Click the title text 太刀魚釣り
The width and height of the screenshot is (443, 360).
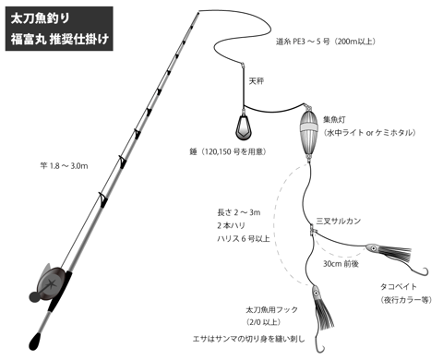click(x=40, y=18)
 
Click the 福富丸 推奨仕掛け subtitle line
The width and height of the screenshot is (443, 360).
click(x=60, y=40)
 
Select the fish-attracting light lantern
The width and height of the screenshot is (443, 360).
click(x=308, y=132)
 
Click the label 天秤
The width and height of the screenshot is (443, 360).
click(x=257, y=81)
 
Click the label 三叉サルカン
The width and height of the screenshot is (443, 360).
click(x=338, y=221)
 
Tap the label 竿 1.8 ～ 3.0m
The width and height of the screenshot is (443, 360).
click(x=64, y=166)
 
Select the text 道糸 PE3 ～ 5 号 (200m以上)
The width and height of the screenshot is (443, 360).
click(x=326, y=42)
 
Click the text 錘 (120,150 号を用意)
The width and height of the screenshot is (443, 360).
click(x=228, y=151)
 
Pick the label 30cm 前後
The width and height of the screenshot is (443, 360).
click(x=341, y=264)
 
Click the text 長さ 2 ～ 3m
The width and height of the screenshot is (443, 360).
click(x=239, y=212)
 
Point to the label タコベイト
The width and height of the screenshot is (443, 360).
click(x=399, y=286)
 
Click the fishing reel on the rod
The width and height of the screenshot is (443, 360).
click(x=48, y=283)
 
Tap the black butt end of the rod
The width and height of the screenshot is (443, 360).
click(x=37, y=341)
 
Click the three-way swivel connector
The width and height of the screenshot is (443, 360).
click(x=312, y=230)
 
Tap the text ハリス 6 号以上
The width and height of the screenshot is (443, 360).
click(x=244, y=238)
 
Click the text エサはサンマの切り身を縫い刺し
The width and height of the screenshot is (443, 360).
click(x=248, y=339)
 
